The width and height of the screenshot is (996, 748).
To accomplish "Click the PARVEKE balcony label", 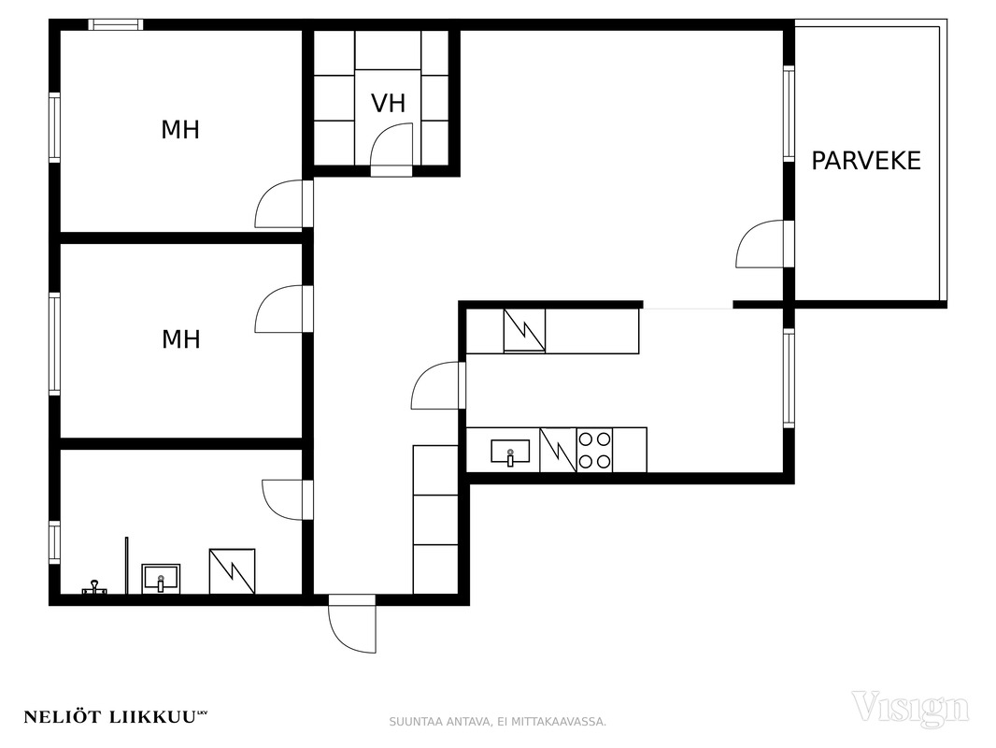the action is [x=866, y=161].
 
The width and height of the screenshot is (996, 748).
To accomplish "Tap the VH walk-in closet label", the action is [x=388, y=104].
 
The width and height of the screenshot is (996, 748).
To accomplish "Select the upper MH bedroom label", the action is [x=180, y=130].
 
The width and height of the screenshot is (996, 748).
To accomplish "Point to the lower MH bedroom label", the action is [x=181, y=339].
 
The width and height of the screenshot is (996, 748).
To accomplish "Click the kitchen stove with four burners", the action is [x=594, y=450].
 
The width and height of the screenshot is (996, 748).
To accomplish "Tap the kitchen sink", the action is [x=510, y=452].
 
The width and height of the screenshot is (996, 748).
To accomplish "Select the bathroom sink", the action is [x=161, y=579].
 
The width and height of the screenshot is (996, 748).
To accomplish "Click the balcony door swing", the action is [x=760, y=244].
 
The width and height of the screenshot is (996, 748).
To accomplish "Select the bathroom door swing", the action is [x=282, y=500].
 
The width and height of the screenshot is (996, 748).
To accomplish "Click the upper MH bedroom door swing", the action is [x=278, y=204].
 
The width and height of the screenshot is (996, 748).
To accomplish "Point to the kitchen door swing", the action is [x=435, y=386].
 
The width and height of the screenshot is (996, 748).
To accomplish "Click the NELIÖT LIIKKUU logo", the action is [x=116, y=717].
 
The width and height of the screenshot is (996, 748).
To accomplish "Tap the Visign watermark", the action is [x=910, y=708].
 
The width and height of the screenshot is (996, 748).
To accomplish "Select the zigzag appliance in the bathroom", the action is [x=233, y=571].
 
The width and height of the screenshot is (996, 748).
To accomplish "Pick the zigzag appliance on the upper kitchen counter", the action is [x=525, y=330].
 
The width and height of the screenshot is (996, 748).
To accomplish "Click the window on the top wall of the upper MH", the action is [x=116, y=25].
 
